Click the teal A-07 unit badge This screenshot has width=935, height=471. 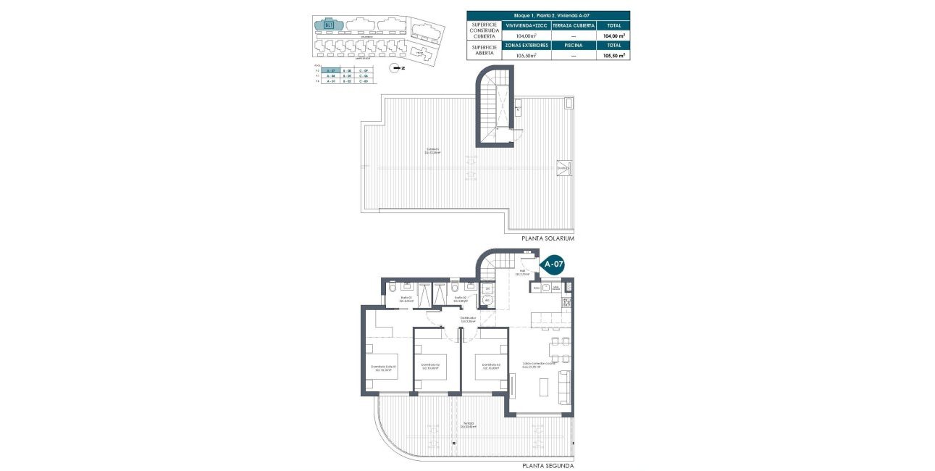click(x=553, y=264)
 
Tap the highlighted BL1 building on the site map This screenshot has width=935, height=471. click(x=330, y=25)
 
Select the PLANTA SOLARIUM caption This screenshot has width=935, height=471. click(x=548, y=238)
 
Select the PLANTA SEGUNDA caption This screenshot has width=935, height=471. click(x=548, y=465)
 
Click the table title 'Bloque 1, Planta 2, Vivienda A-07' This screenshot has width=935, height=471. click(x=548, y=14)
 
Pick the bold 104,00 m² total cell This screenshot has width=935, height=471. click(x=612, y=35)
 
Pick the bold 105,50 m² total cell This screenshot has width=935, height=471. click(x=612, y=54)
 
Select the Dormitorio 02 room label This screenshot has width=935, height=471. click(x=431, y=365)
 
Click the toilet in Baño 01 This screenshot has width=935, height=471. click(x=392, y=285)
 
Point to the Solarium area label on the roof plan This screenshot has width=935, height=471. click(x=434, y=151)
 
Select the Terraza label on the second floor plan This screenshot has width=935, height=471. click(x=470, y=425)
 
